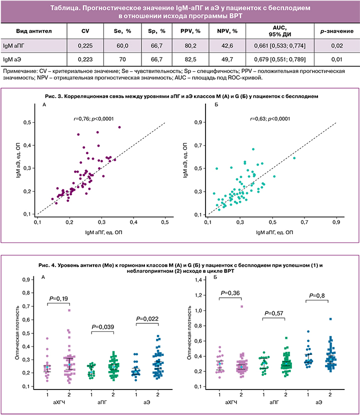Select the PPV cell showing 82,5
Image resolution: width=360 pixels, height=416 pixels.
tap(191, 60)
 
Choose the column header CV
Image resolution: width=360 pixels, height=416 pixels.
tap(84, 31)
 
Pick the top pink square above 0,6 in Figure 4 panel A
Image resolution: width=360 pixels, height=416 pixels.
tap(69, 310)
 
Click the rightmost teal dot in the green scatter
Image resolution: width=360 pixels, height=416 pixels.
tap(294, 158)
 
